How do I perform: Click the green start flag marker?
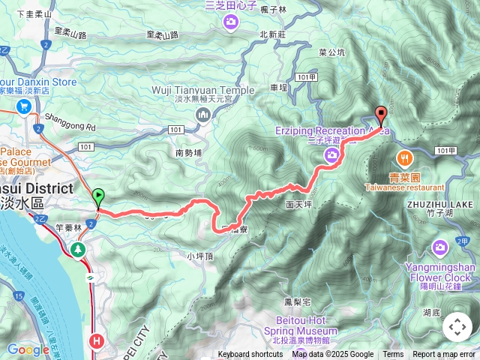point(98,197)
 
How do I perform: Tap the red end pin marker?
point(380,115)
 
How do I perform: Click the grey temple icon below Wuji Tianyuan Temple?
point(202,114)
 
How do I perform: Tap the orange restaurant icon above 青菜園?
point(405,157)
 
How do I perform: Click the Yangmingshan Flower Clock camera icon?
point(440,247)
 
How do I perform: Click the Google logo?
point(28,349)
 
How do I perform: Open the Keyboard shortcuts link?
point(250,355)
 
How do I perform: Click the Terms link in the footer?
point(393,355)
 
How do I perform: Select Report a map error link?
point(444,355)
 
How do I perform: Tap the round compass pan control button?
point(457,327)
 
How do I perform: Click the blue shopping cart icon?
point(25,106)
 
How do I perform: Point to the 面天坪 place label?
point(298,203)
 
